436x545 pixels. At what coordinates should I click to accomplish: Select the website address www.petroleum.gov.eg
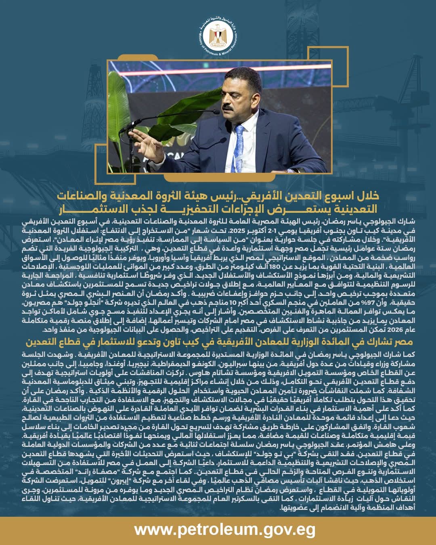click(224, 530)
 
